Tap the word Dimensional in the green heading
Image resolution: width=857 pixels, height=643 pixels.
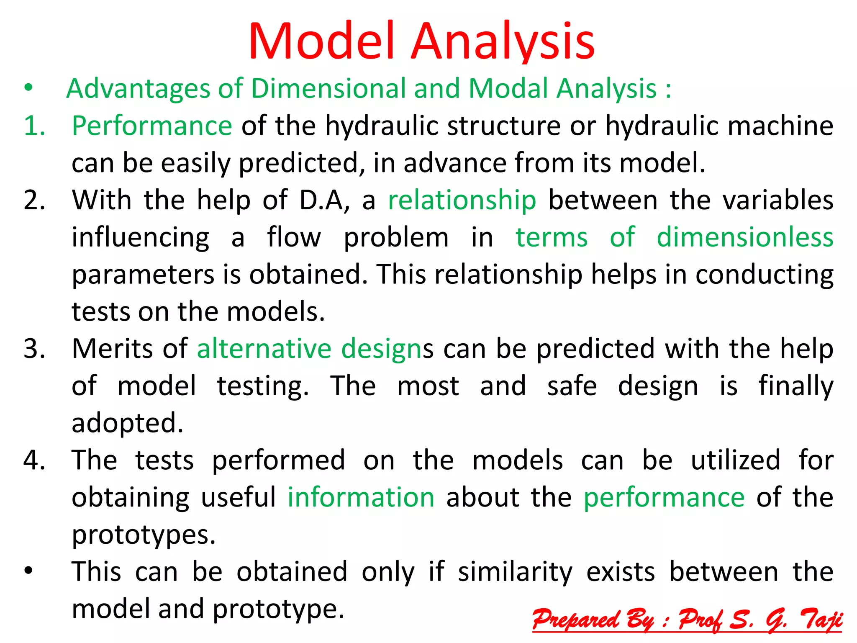point(328,89)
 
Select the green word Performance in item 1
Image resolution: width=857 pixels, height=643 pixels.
point(152,126)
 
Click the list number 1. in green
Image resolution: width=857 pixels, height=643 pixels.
point(34,126)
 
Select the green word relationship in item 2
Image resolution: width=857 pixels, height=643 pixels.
point(462,200)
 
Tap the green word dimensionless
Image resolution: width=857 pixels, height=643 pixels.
point(745,237)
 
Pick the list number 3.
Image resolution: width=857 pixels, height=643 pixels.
point(34,349)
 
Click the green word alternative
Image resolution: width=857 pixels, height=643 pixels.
point(264,349)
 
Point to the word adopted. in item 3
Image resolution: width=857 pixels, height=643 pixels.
point(128,423)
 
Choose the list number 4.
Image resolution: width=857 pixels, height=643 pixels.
point(34,460)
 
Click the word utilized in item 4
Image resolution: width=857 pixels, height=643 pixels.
point(735,460)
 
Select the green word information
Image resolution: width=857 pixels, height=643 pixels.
point(361,498)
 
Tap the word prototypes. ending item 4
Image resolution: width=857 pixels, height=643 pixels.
point(144,535)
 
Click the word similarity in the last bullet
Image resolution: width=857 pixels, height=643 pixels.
point(515,572)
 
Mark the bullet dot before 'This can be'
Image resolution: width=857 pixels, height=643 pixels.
point(28,571)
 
